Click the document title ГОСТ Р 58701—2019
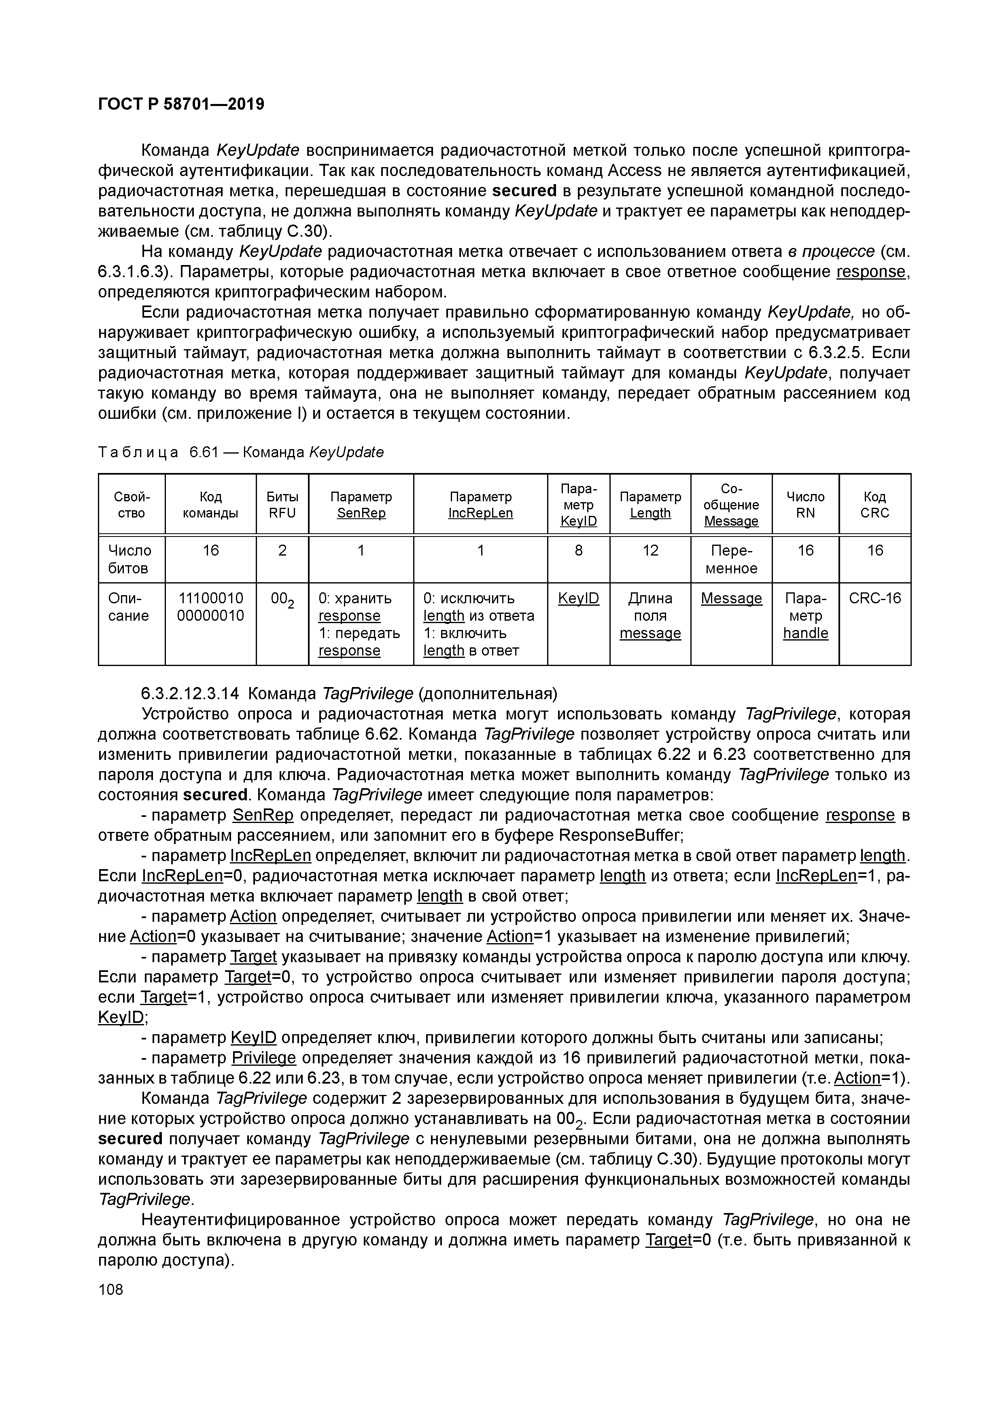tap(181, 104)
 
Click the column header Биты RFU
tap(282, 504)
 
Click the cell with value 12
tap(650, 550)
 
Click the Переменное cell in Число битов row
tap(731, 559)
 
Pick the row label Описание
tap(129, 607)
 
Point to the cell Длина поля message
tap(650, 615)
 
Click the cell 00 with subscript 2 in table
tap(282, 600)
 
